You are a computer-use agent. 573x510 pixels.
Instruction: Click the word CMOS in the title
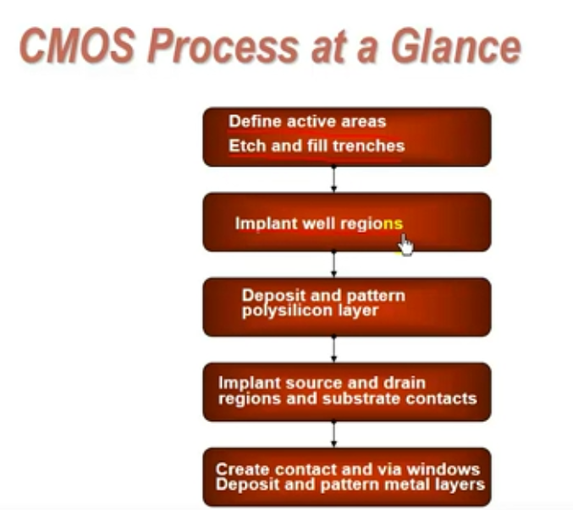point(77,47)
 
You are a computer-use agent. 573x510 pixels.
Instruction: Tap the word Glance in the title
point(456,47)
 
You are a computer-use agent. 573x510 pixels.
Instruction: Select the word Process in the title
point(223,47)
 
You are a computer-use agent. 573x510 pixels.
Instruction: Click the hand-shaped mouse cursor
point(405,245)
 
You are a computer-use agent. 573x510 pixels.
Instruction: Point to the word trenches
point(369,146)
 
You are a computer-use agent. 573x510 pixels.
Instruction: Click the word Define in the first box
point(255,121)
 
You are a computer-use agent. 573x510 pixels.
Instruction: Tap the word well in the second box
point(319,223)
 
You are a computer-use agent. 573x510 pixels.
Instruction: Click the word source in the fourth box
point(314,383)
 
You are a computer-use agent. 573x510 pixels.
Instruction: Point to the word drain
point(405,382)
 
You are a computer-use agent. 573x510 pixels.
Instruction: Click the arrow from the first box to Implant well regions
point(333,179)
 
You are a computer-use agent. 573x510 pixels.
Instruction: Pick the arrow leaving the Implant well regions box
point(333,264)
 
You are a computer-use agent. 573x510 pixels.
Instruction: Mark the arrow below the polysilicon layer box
point(333,349)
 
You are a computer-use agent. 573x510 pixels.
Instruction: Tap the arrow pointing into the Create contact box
point(333,434)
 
